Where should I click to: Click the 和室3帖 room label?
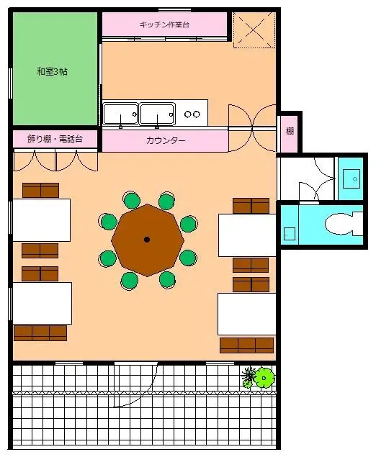pos(52,71)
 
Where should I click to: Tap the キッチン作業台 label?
pos(164,24)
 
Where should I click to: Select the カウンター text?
pos(166,141)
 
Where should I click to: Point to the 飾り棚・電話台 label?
pos(55,139)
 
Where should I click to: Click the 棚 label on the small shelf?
pos(290,131)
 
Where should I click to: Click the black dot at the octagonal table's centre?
pos(147,240)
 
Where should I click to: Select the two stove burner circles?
pos(192,114)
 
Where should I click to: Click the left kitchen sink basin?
pos(120,114)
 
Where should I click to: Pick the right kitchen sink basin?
pos(157,114)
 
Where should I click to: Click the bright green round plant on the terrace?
pos(264,378)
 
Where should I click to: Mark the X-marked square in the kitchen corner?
pos(254,30)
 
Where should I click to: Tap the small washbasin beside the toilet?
pos(290,234)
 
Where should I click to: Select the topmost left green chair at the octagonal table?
pos(132,201)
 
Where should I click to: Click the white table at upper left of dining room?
pos(42,220)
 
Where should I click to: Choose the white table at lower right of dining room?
pos(247,314)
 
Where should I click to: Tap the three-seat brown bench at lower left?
pos(40,333)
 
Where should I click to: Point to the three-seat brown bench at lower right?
pos(247,345)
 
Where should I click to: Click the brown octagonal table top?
pos(148,240)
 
